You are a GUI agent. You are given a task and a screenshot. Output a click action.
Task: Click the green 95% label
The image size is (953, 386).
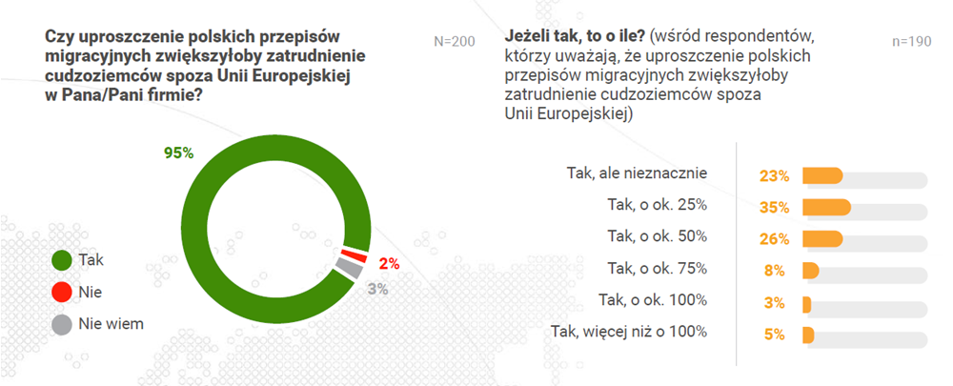tap(179, 152)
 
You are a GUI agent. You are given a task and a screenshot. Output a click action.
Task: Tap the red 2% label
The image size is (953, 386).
tap(389, 264)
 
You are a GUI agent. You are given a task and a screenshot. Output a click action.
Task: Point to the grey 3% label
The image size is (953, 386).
tap(377, 289)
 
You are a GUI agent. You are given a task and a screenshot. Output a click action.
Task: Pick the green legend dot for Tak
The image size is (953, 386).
tap(61, 261)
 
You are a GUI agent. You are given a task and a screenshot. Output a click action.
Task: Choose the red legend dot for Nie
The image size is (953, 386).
tap(61, 293)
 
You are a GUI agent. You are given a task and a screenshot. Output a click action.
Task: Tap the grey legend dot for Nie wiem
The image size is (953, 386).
tap(61, 325)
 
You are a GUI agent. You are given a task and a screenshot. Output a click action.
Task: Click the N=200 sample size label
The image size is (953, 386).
tap(454, 42)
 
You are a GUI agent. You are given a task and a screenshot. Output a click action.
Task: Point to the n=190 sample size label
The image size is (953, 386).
tap(911, 42)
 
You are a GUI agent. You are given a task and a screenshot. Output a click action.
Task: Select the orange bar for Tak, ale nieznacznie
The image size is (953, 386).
tap(823, 175)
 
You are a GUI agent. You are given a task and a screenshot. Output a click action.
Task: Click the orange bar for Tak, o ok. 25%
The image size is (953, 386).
tap(826, 207)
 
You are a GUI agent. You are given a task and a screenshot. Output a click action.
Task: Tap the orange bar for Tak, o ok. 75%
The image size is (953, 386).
tap(811, 271)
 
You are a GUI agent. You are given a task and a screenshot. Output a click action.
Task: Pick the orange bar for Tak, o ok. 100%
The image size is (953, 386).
tap(807, 303)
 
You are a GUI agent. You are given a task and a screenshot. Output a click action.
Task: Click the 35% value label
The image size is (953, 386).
tap(774, 208)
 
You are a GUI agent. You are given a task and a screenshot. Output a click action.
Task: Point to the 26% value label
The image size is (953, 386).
tap(774, 239)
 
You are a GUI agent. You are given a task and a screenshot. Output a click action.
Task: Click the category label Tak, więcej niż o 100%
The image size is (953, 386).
tap(629, 332)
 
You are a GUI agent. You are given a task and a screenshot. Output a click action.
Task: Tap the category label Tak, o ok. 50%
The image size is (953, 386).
tap(658, 236)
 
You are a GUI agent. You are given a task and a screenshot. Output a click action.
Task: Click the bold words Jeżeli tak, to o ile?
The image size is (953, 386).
tap(574, 37)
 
